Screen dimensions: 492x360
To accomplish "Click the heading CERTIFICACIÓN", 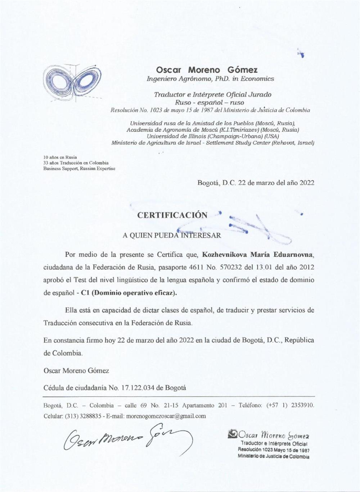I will point(172,215).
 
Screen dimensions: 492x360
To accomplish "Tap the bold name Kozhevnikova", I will point(224,255).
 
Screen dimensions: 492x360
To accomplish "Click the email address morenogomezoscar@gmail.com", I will point(166,416).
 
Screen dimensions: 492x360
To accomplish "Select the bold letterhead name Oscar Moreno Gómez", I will point(207,69).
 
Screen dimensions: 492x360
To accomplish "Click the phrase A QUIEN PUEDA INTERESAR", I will point(172,236).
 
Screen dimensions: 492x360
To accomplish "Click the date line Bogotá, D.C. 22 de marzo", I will point(256,183).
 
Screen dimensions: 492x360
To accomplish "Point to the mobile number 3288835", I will point(89,416).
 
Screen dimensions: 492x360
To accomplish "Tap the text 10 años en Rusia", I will point(60,157).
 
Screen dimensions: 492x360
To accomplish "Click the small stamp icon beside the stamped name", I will point(233,435).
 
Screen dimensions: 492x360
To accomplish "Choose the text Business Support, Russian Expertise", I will point(79,169).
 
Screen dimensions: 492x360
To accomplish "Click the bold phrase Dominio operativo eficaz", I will point(134,293).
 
